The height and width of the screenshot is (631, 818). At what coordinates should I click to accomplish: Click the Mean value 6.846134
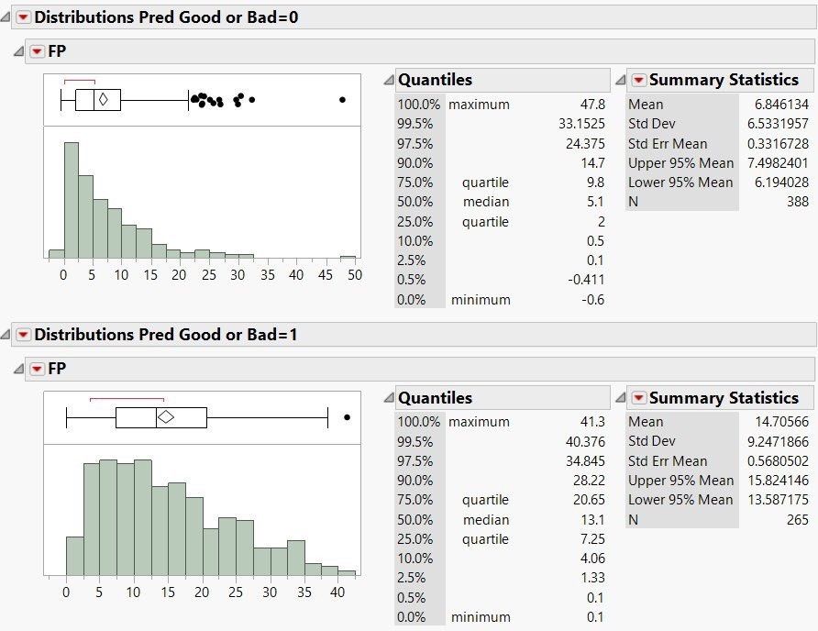pyautogui.click(x=767, y=105)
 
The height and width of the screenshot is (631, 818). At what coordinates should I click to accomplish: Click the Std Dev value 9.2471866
pyautogui.click(x=765, y=441)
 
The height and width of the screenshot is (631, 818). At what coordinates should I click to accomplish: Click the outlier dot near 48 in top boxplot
pyautogui.click(x=342, y=100)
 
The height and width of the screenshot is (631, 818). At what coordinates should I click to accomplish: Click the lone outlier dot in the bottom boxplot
pyautogui.click(x=347, y=417)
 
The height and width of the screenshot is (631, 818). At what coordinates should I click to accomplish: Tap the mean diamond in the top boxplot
pyautogui.click(x=104, y=100)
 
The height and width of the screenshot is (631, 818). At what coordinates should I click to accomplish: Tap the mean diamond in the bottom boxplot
pyautogui.click(x=166, y=417)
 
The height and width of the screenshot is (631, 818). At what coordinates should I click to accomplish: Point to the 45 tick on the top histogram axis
pyautogui.click(x=326, y=274)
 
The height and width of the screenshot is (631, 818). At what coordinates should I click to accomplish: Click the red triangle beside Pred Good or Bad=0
pyautogui.click(x=23, y=17)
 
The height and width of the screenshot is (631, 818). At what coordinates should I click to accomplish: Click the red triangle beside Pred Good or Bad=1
pyautogui.click(x=23, y=335)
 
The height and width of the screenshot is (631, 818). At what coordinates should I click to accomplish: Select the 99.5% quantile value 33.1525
pyautogui.click(x=580, y=124)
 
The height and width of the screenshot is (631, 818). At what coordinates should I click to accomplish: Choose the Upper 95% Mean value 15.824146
pyautogui.click(x=765, y=481)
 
